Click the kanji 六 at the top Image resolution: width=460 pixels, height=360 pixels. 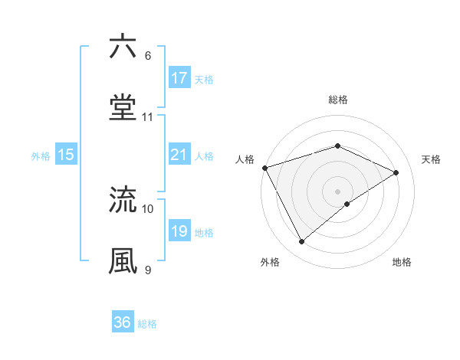pyautogui.click(x=123, y=47)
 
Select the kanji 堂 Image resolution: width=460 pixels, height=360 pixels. pyautogui.click(x=123, y=107)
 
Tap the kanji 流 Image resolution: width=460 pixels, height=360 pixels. pyautogui.click(x=123, y=199)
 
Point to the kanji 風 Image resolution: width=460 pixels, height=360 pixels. pyautogui.click(x=123, y=260)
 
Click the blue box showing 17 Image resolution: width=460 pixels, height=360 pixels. pyautogui.click(x=179, y=78)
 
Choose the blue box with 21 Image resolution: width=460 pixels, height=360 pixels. pyautogui.click(x=179, y=155)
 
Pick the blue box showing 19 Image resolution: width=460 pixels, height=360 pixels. pyautogui.click(x=179, y=232)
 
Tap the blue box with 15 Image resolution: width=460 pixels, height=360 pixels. pyautogui.click(x=66, y=155)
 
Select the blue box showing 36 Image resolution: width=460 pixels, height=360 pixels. pyautogui.click(x=123, y=322)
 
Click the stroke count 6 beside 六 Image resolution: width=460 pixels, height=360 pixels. pyautogui.click(x=148, y=56)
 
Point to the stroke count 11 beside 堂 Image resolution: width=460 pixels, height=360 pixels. pyautogui.click(x=148, y=117)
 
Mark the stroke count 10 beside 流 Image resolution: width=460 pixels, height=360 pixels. pyautogui.click(x=148, y=208)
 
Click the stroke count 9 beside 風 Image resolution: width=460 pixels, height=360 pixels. pyautogui.click(x=148, y=270)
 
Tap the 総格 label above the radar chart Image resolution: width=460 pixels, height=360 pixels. pyautogui.click(x=338, y=100)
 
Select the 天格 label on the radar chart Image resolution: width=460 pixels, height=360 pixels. pyautogui.click(x=431, y=159)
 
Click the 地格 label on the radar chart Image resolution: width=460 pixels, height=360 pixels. pyautogui.click(x=402, y=262)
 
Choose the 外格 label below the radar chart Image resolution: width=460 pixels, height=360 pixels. pyautogui.click(x=270, y=262)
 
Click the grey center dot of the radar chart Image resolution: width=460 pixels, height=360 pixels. pyautogui.click(x=338, y=191)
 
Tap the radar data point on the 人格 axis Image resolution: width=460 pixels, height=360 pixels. pyautogui.click(x=265, y=167)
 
